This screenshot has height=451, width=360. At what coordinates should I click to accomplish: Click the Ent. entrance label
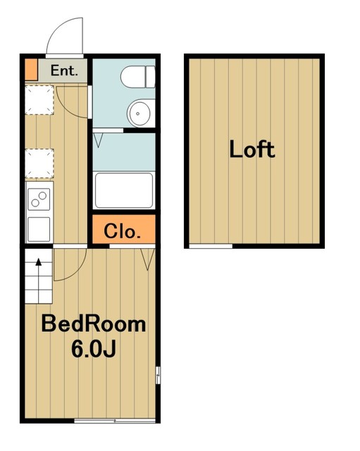64,70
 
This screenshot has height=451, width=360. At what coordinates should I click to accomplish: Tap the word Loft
252,149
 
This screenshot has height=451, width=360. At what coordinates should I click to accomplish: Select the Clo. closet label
122,231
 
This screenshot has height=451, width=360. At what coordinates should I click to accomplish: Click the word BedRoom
94,324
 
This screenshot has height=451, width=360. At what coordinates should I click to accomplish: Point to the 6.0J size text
94,349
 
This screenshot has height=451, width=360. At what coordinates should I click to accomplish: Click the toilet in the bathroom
138,77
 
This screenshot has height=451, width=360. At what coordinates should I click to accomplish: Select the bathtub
124,190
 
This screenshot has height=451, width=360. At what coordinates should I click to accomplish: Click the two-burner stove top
39,199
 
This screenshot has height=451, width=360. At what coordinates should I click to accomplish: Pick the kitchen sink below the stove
39,229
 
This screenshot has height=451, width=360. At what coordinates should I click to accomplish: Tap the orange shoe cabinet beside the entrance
31,69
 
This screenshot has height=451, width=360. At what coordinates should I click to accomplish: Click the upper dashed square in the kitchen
39,100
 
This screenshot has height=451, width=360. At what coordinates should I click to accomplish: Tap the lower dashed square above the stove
39,163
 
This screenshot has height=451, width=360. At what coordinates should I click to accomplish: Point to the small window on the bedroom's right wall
158,375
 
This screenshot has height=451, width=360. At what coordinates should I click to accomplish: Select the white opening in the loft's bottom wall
211,246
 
